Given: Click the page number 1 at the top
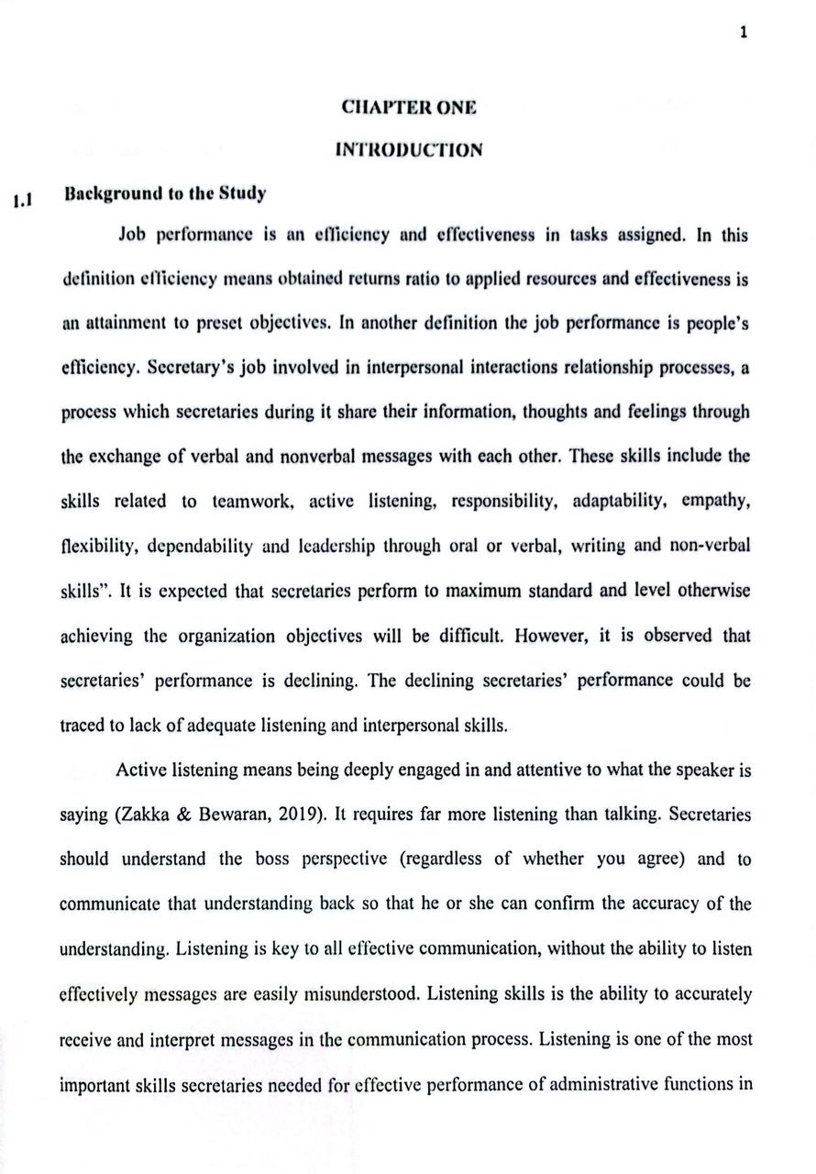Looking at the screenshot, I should point(744,32).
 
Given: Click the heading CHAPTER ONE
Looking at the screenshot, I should point(408,107).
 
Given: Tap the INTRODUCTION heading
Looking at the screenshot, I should point(408,150).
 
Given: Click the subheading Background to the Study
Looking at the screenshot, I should point(166,194).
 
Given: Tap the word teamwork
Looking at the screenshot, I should point(252,502).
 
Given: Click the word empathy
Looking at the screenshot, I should point(718,502).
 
